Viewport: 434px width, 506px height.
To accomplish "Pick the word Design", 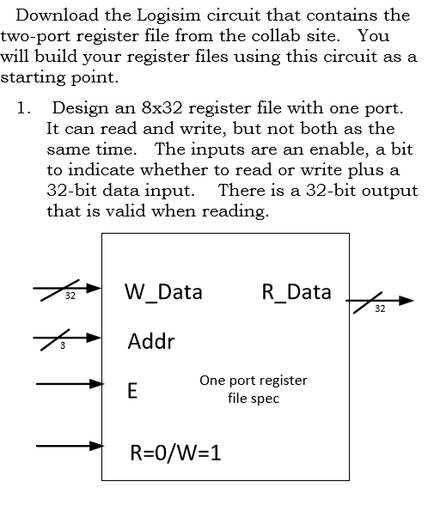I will point(78,109).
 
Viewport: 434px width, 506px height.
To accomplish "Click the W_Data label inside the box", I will point(164,292).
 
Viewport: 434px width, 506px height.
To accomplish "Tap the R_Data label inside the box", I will point(296,292).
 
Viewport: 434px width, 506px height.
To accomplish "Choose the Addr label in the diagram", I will point(150,341).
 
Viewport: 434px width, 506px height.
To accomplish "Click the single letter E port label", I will point(132,391).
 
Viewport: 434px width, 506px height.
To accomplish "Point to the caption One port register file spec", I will point(253,389).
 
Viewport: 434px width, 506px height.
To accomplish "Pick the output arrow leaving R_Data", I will point(379,300).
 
